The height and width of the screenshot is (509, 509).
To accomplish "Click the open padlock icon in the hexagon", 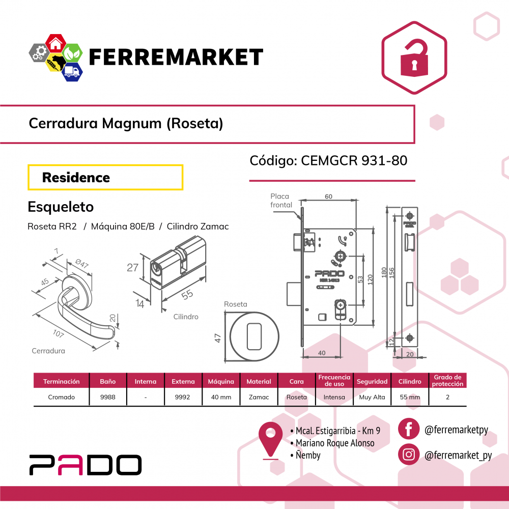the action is (414, 59).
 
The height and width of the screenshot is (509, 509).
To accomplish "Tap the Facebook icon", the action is (409, 429).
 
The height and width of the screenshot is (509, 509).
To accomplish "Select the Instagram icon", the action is (409, 454).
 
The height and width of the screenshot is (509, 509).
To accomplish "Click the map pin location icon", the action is (270, 440).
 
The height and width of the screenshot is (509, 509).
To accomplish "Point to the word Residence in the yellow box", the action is (76, 178).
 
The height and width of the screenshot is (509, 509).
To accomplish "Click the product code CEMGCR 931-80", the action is (354, 160).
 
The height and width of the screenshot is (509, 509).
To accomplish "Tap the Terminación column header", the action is (62, 381).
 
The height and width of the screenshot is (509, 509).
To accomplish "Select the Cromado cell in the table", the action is (62, 397).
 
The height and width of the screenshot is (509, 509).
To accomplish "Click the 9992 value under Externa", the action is (182, 397).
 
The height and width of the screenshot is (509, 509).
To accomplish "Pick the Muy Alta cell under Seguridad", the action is (372, 397).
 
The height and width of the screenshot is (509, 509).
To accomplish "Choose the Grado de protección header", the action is (447, 380).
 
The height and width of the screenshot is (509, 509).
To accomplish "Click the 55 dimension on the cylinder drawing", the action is (187, 295).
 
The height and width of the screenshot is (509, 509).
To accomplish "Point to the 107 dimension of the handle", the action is (59, 333).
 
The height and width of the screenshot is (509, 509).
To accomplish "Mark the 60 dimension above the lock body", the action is (328, 196).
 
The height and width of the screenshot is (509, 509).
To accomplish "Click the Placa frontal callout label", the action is (281, 200).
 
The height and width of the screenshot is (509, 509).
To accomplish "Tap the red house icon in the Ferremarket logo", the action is (56, 44).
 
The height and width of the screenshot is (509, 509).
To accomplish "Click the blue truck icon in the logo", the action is (72, 71).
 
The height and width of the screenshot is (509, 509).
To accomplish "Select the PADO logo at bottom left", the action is (86, 465).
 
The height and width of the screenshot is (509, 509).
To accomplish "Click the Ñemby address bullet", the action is (305, 455).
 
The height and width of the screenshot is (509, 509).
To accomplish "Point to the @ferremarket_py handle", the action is (458, 455).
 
